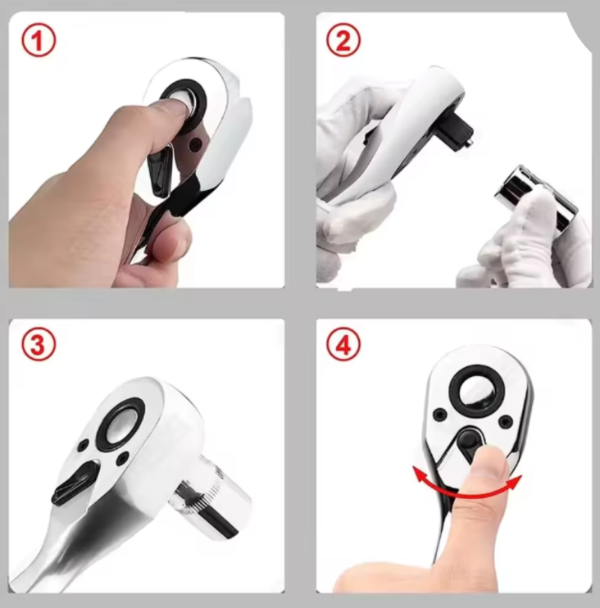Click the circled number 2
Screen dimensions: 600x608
tap(343, 41)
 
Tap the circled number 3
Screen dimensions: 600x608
tap(39, 345)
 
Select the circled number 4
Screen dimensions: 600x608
tap(343, 345)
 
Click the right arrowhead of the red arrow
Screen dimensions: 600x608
tap(514, 482)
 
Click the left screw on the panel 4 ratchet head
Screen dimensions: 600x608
tap(439, 414)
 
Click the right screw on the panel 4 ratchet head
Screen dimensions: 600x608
tap(506, 421)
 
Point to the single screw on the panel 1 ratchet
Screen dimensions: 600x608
tap(194, 145)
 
